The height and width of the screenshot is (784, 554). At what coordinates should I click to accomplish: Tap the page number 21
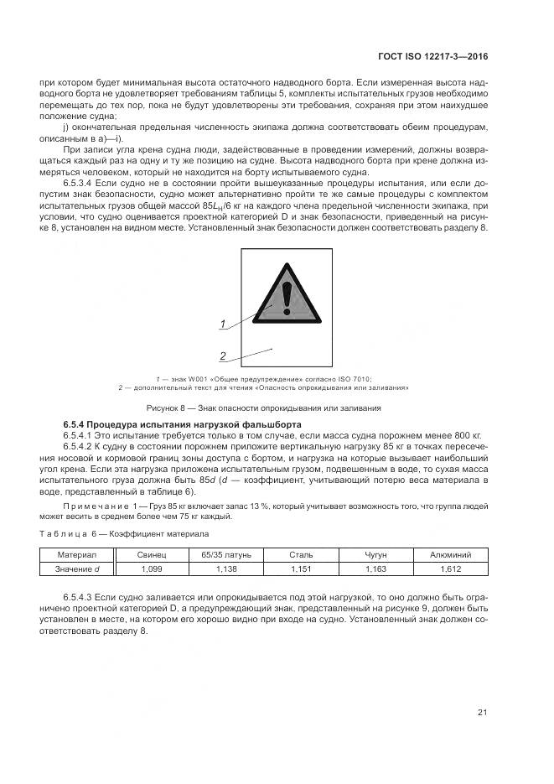482,713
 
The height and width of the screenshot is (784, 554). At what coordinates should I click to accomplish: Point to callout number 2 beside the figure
224,356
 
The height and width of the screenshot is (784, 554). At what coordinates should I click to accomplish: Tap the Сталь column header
301,555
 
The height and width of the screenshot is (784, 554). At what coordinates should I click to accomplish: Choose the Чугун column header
375,555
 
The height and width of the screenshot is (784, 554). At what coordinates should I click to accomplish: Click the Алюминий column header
450,555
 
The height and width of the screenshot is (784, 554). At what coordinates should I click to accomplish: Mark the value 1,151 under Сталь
301,569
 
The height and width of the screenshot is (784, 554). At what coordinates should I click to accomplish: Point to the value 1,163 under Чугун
375,569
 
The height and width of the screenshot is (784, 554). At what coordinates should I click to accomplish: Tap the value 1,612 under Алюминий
450,569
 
